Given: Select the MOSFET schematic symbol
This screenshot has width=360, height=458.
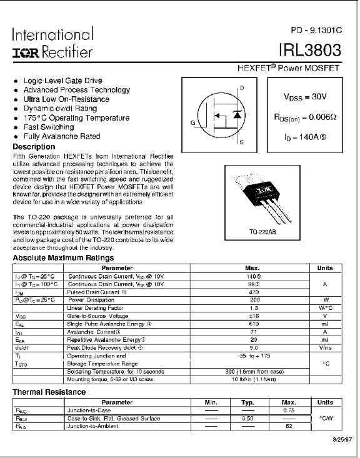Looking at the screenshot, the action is [224, 115].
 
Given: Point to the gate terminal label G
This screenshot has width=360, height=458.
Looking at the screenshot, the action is [193, 122].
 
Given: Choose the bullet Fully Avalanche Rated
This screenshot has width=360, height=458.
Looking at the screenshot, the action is [61, 136].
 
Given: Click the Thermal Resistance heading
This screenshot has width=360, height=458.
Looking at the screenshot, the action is [49, 392].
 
